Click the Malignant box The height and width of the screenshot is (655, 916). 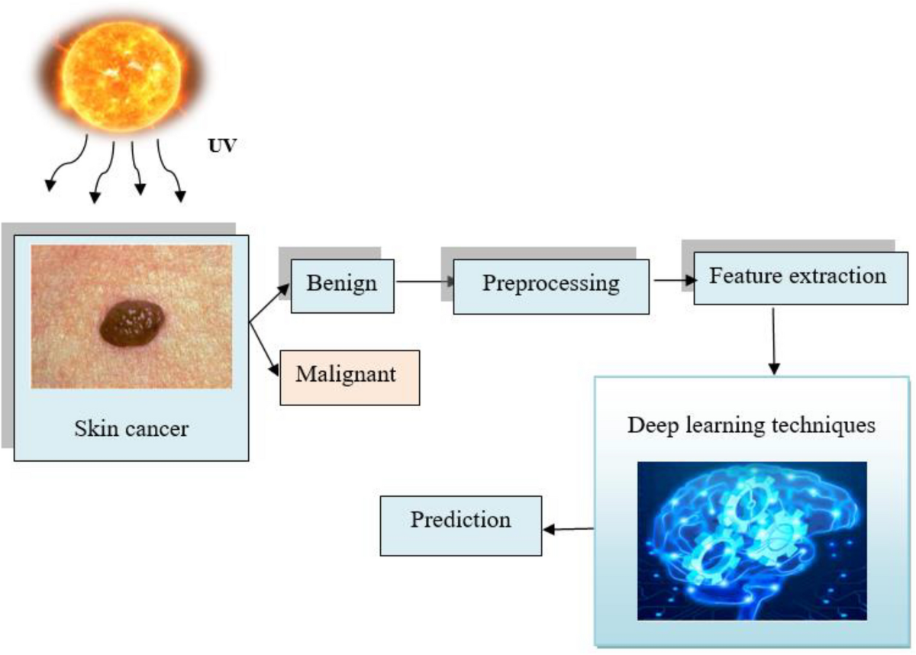[x=350, y=376]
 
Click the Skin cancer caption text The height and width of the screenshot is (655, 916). [x=131, y=428]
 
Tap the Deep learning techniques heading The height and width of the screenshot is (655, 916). [x=751, y=425]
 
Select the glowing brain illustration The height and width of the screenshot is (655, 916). [x=752, y=540]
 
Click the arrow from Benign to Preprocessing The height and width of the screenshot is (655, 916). [x=424, y=282]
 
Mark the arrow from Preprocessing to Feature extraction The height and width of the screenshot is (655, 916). [x=671, y=280]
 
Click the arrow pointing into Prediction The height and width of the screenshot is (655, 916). [x=568, y=528]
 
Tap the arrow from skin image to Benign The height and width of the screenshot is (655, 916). [x=269, y=304]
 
